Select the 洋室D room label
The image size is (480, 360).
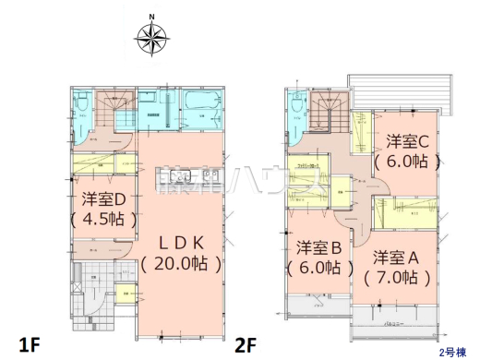click(x=102, y=199)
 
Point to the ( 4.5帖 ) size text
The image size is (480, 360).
click(x=102, y=220)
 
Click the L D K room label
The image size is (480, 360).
click(x=180, y=242)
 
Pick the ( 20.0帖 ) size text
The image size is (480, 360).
click(x=181, y=263)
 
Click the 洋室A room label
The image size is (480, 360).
click(x=398, y=255)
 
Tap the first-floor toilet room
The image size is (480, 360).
click(x=82, y=111)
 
